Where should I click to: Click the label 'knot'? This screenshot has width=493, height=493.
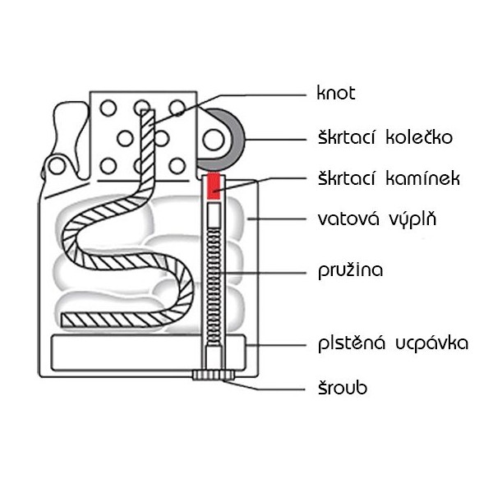point(335,93)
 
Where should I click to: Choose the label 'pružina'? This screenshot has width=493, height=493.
point(351,270)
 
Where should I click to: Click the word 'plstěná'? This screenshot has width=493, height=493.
point(352,342)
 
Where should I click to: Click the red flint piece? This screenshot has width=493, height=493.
point(214,186)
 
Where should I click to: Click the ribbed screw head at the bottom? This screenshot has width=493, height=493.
point(213,376)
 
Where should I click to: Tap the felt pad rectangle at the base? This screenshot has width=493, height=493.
point(123,352)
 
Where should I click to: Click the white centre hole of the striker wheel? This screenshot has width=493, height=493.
point(214,139)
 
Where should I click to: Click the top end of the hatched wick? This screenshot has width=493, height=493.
point(145,115)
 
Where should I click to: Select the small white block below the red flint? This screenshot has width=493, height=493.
point(214,215)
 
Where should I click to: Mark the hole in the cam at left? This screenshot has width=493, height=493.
point(56,166)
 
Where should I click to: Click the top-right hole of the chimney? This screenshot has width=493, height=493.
point(177,107)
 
